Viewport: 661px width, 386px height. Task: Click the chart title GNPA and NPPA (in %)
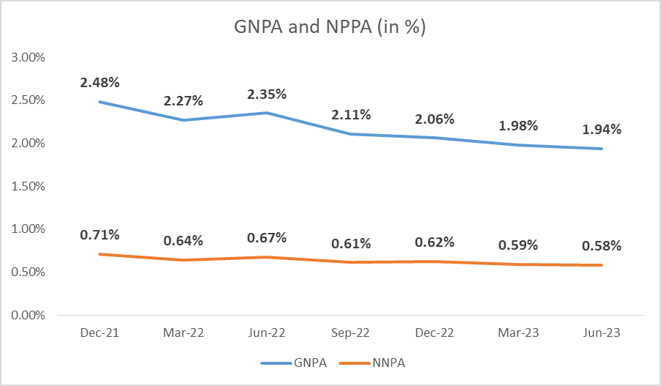tap(330, 28)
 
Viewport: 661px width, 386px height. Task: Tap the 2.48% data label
tap(100, 83)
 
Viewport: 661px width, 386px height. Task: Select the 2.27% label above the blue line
tap(184, 100)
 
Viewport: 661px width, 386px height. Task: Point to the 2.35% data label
tap(267, 94)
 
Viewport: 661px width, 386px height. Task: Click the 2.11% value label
tap(351, 114)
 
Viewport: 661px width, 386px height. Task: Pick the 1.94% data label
tap(602, 130)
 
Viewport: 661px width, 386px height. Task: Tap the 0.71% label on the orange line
tap(100, 235)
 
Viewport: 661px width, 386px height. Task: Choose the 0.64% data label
tap(184, 241)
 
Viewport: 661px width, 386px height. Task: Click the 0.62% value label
tap(435, 242)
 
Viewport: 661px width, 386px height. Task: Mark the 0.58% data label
tap(602, 246)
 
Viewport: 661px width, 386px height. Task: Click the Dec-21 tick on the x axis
tap(100, 333)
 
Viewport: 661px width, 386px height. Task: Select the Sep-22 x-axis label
tap(351, 333)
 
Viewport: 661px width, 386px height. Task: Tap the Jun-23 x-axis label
tap(602, 333)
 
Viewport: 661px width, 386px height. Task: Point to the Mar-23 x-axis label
tap(518, 333)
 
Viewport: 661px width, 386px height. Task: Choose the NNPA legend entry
tap(373, 363)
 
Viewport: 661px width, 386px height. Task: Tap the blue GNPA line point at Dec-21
tap(100, 102)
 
